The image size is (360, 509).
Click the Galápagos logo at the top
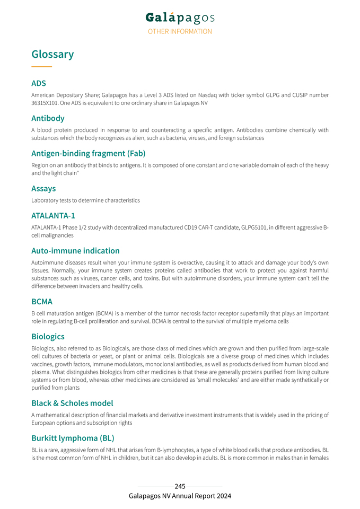(x=180, y=18)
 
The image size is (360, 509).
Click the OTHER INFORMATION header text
(x=180, y=31)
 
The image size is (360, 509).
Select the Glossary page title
(x=52, y=54)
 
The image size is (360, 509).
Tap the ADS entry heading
(x=39, y=83)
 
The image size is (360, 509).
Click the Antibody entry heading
(x=48, y=118)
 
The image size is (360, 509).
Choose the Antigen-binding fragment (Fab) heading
(x=88, y=153)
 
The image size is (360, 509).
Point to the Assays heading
(x=43, y=188)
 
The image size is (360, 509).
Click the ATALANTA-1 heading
(x=53, y=216)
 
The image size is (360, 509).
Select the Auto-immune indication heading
(x=75, y=250)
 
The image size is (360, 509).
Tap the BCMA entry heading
(x=42, y=301)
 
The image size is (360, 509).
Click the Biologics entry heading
(x=48, y=336)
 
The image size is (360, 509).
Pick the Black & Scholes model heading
(x=72, y=403)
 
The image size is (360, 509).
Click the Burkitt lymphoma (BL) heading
(x=73, y=438)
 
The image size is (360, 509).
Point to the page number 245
(x=180, y=486)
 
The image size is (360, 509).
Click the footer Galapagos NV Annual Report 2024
(x=180, y=496)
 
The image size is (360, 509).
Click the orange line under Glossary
(x=41, y=67)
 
